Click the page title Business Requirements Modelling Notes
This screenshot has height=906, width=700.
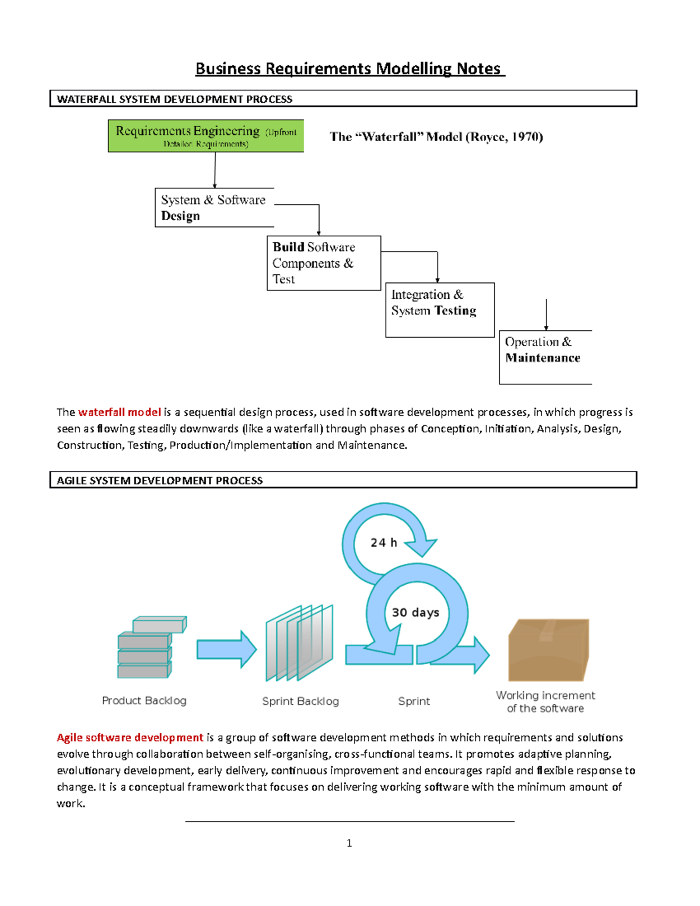pyautogui.click(x=349, y=69)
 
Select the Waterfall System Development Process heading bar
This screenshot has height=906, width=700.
pyautogui.click(x=343, y=99)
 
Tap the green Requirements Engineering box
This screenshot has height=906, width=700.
pyautogui.click(x=206, y=136)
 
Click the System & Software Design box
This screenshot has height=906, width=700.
pyautogui.click(x=213, y=208)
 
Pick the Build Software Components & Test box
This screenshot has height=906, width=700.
pyautogui.click(x=323, y=263)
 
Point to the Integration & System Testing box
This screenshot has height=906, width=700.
pyautogui.click(x=439, y=310)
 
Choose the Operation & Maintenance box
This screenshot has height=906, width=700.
pyautogui.click(x=545, y=357)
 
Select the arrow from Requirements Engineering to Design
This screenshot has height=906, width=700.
pyautogui.click(x=215, y=170)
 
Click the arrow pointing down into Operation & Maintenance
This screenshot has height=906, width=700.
pyautogui.click(x=546, y=315)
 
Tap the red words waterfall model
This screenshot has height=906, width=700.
pyautogui.click(x=120, y=412)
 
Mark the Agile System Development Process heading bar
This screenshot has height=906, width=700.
pyautogui.click(x=343, y=480)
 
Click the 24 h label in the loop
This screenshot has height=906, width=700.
pyautogui.click(x=384, y=543)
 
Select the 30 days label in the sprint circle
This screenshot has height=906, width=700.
pyautogui.click(x=415, y=613)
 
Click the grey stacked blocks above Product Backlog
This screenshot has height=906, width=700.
pyautogui.click(x=150, y=648)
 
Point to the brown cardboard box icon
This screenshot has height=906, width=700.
pyautogui.click(x=548, y=650)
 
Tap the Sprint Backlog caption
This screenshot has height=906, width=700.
pyautogui.click(x=300, y=701)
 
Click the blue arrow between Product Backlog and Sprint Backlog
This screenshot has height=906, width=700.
pyautogui.click(x=226, y=649)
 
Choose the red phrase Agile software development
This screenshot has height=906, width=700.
pyautogui.click(x=129, y=737)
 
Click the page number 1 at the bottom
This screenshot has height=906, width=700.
pyautogui.click(x=349, y=843)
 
